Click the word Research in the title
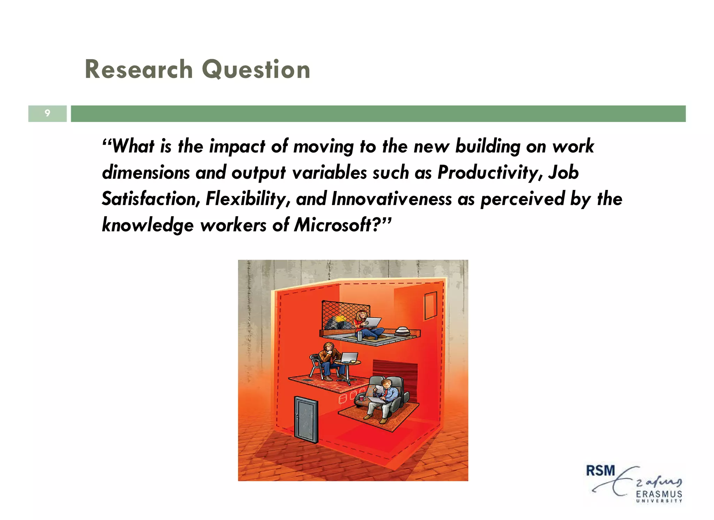click(138, 69)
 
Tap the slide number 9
click(47, 113)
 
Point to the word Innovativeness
click(392, 199)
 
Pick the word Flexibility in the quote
click(248, 199)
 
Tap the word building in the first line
click(488, 146)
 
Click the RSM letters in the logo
click(600, 471)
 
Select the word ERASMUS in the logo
click(659, 494)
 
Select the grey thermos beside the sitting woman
click(359, 336)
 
